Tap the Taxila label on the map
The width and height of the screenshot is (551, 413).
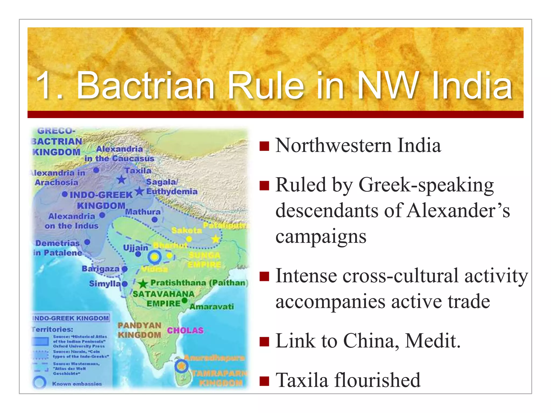(x=138, y=171)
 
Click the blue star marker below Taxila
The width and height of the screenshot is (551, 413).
(x=122, y=179)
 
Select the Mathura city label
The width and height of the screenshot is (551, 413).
(x=143, y=212)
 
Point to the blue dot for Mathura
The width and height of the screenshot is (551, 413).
(x=154, y=220)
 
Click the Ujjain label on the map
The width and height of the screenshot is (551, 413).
(x=135, y=248)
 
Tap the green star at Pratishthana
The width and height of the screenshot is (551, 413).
(x=143, y=283)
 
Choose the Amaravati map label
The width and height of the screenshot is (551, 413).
(x=212, y=307)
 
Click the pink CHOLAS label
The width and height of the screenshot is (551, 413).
(x=185, y=330)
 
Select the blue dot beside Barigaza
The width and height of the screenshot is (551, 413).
(x=124, y=269)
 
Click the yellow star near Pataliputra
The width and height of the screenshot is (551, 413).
(x=216, y=239)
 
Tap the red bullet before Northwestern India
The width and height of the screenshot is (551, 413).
(x=264, y=146)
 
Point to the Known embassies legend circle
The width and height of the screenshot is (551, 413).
(x=40, y=383)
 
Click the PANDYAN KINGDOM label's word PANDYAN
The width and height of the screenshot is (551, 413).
(x=139, y=326)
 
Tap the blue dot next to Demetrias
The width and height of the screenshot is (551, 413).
(x=87, y=242)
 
